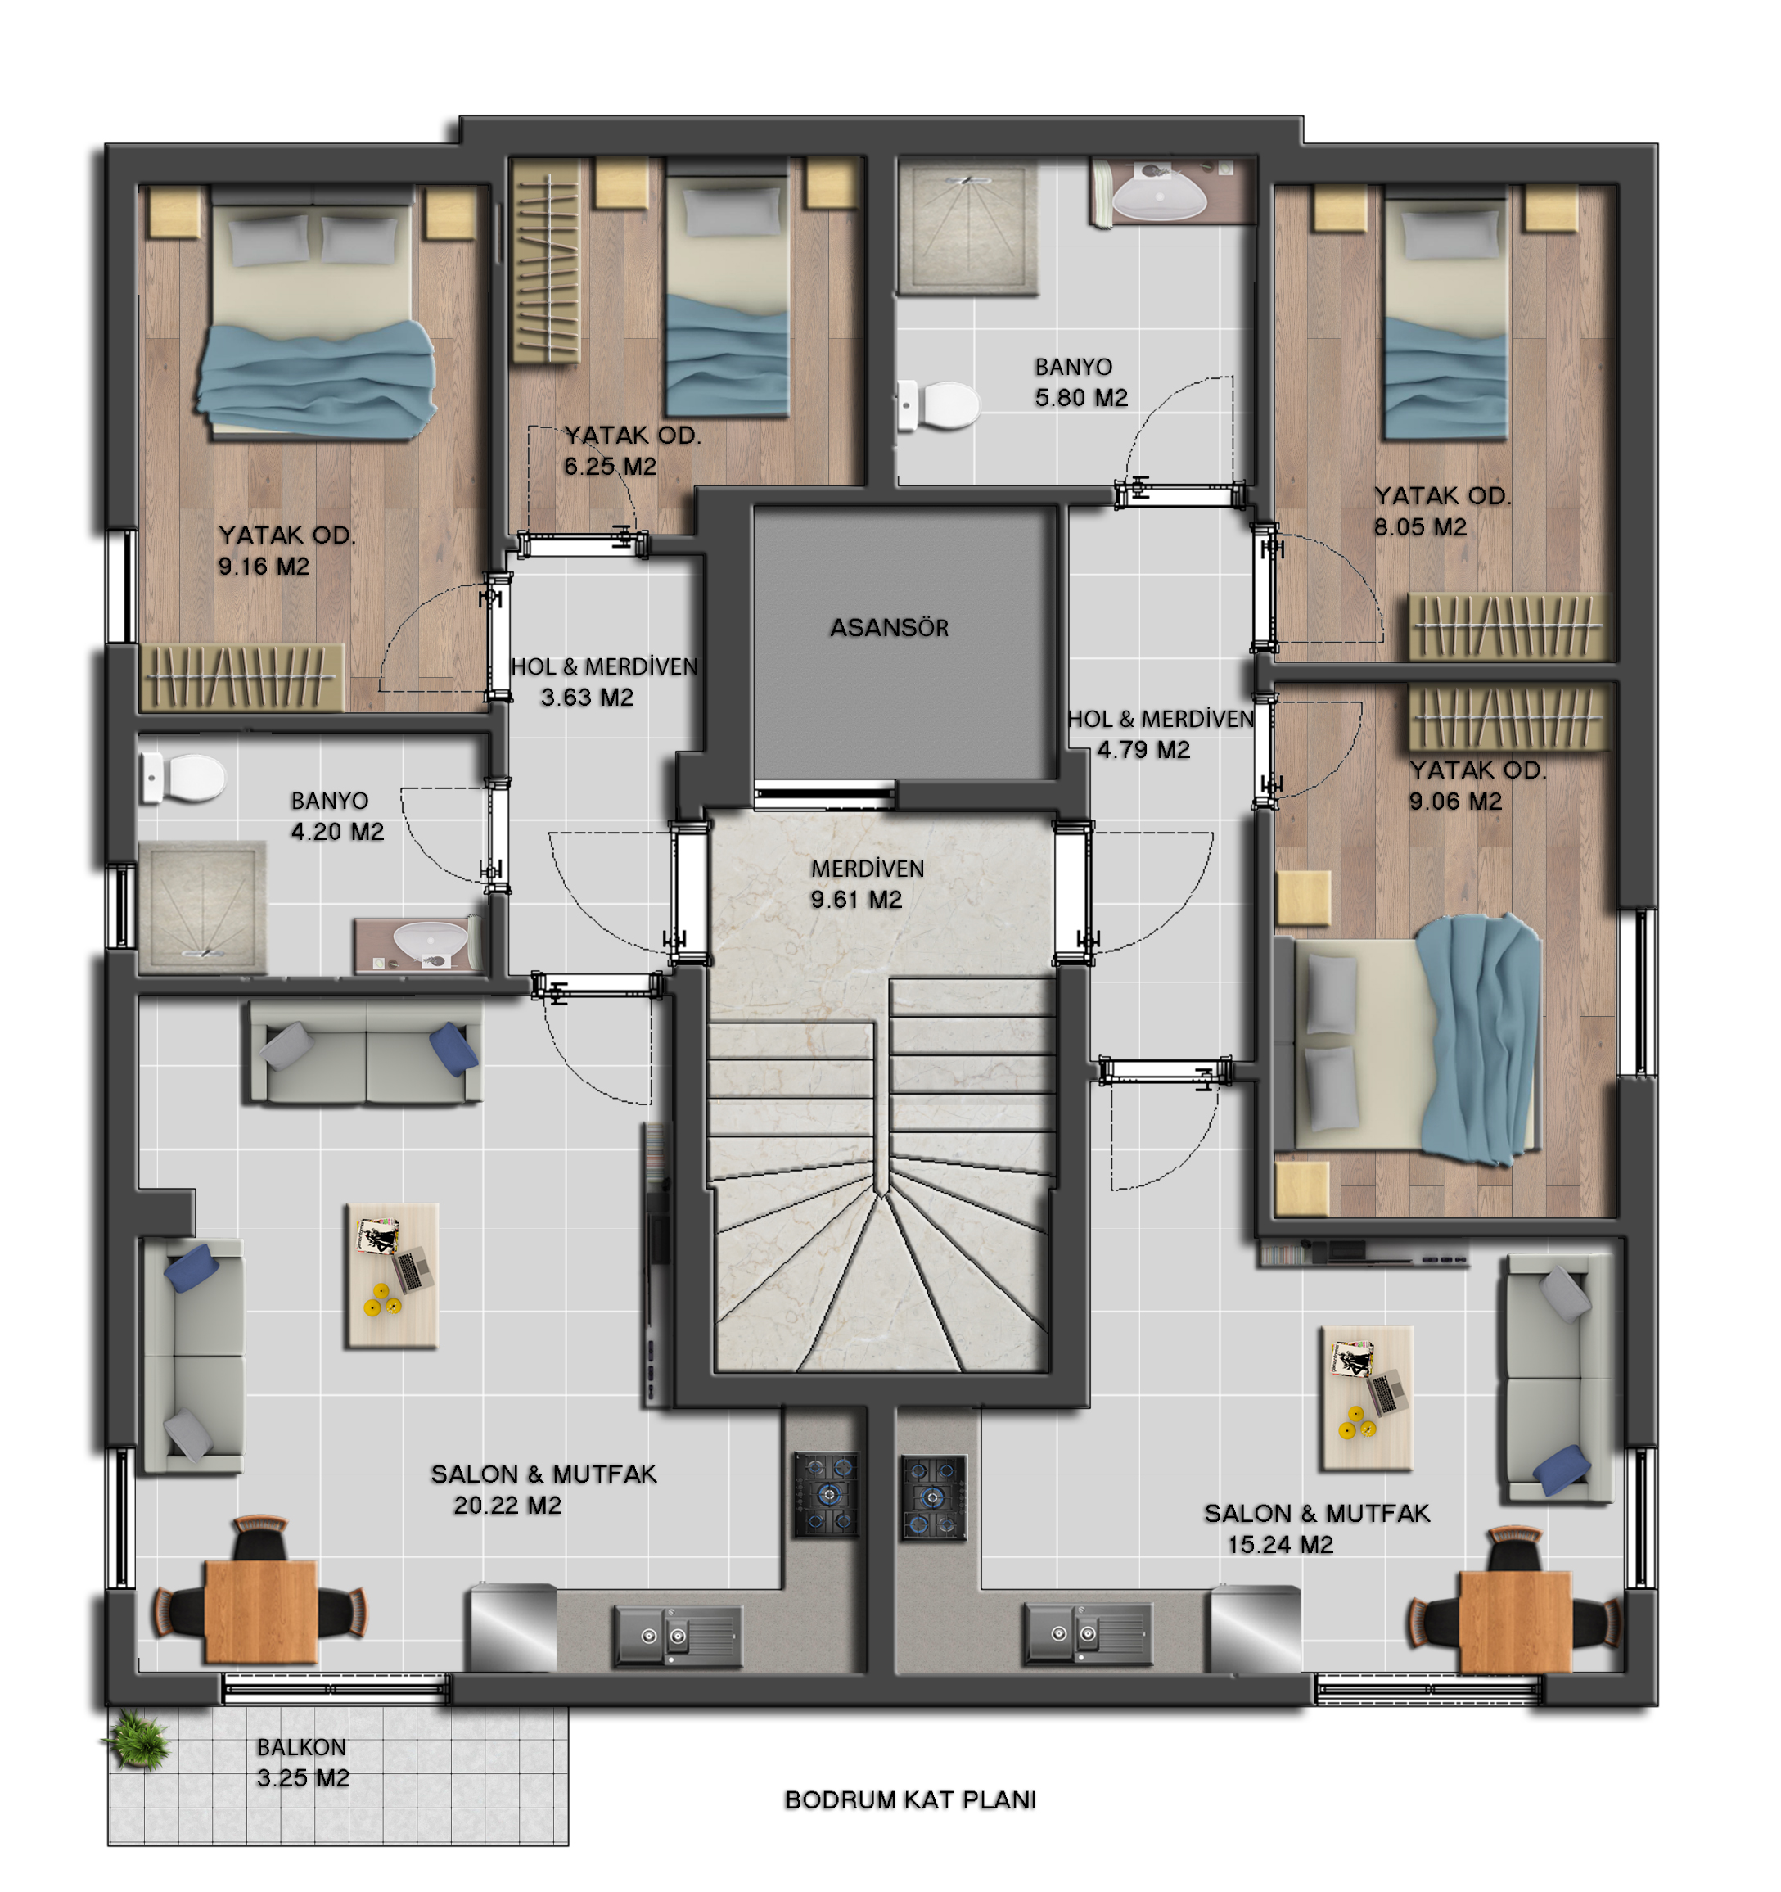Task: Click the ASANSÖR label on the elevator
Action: coord(889,628)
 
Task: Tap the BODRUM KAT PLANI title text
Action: coord(910,1799)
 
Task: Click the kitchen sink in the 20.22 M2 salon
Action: coord(678,1635)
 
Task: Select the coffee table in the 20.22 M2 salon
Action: coord(392,1276)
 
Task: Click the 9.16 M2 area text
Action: coord(264,567)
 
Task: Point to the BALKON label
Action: coord(300,1747)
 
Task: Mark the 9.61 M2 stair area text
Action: coord(855,900)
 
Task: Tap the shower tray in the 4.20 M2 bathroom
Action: coord(201,908)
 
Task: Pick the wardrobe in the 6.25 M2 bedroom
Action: coord(545,262)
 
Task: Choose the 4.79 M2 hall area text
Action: coord(1143,750)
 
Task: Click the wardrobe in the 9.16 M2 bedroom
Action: coord(241,678)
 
